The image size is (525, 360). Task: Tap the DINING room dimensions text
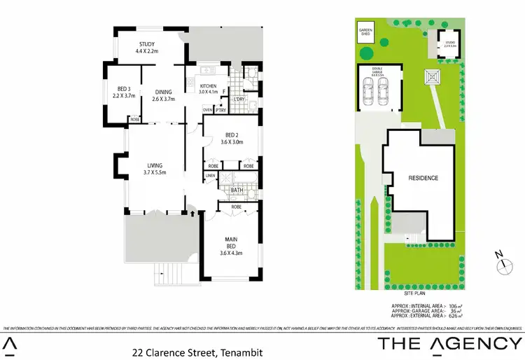tap(163, 99)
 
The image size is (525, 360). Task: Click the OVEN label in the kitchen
tap(207, 110)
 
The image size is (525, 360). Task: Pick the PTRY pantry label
tap(220, 110)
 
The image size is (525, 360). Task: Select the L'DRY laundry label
tap(239, 100)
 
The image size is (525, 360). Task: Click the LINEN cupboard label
tap(209, 175)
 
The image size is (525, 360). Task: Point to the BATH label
tap(237, 189)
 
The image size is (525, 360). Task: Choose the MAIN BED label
tap(231, 242)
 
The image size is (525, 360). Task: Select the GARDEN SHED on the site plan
tap(366, 32)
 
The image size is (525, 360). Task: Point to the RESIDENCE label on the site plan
tap(423, 178)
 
